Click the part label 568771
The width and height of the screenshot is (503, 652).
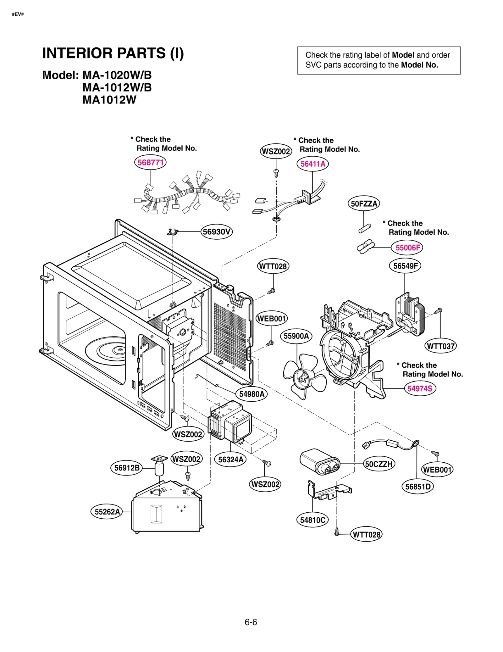tap(150, 162)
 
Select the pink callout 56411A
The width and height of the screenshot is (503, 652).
tap(312, 164)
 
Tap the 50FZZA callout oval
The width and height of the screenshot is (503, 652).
tap(364, 203)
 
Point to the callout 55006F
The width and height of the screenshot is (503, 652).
tap(407, 248)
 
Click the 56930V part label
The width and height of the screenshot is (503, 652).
tap(217, 232)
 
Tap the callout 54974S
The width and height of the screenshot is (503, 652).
tap(420, 388)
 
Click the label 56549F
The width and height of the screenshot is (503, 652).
tap(405, 266)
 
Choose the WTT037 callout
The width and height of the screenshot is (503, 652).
tap(440, 346)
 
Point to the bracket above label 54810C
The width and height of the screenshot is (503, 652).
tap(329, 491)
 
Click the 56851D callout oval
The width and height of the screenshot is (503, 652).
tap(417, 487)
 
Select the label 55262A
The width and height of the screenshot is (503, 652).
tap(107, 512)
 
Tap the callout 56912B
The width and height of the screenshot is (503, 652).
tap(127, 468)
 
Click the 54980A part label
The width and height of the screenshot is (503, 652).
tap(251, 394)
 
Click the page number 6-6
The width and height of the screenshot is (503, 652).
tap(251, 622)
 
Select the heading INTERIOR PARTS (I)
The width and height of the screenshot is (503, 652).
tap(113, 53)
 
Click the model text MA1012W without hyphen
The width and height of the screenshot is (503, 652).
tap(109, 100)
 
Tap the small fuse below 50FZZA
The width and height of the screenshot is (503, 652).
tap(365, 228)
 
